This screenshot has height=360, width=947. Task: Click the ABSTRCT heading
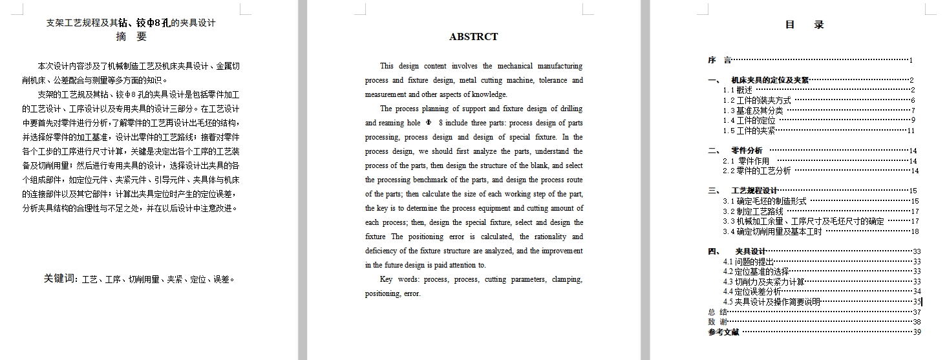point(473,37)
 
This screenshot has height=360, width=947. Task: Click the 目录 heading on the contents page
point(804,25)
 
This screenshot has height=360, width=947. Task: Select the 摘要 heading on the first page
point(131,37)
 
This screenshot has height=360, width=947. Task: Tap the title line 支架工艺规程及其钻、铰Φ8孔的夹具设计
point(131,23)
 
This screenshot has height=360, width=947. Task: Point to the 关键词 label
point(60,279)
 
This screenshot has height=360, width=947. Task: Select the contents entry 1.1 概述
point(738,90)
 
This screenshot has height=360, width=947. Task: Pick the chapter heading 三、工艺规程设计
point(743,191)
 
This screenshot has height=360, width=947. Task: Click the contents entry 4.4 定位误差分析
point(752,291)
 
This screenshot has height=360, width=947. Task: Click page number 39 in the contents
point(916,332)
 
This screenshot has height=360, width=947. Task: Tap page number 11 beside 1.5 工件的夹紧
point(911,131)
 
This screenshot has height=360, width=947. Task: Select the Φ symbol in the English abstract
point(427,123)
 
